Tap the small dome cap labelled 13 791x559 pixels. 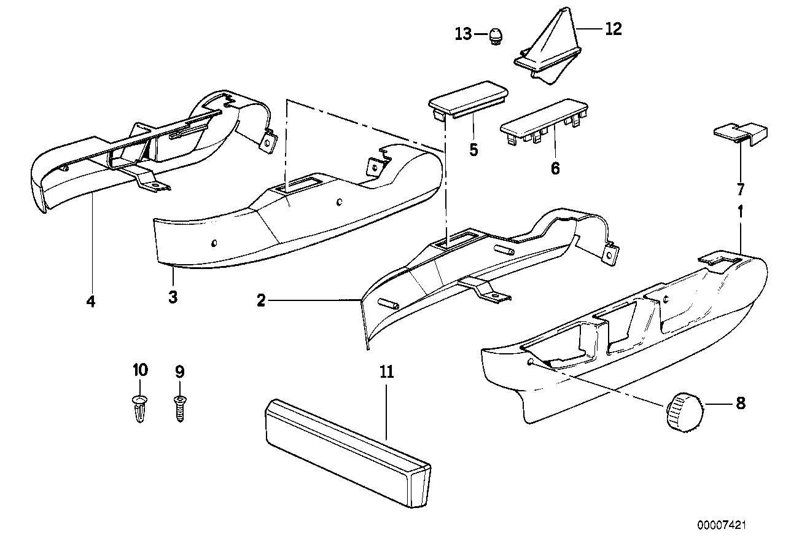tap(496, 37)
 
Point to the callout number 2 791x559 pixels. tap(261, 301)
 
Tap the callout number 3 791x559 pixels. tap(173, 298)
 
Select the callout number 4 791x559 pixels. tap(90, 302)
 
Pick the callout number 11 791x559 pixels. tap(387, 372)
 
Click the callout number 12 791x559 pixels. tap(614, 28)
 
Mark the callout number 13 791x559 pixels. tap(463, 34)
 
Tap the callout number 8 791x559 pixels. tap(740, 404)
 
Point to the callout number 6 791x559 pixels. tap(555, 168)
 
